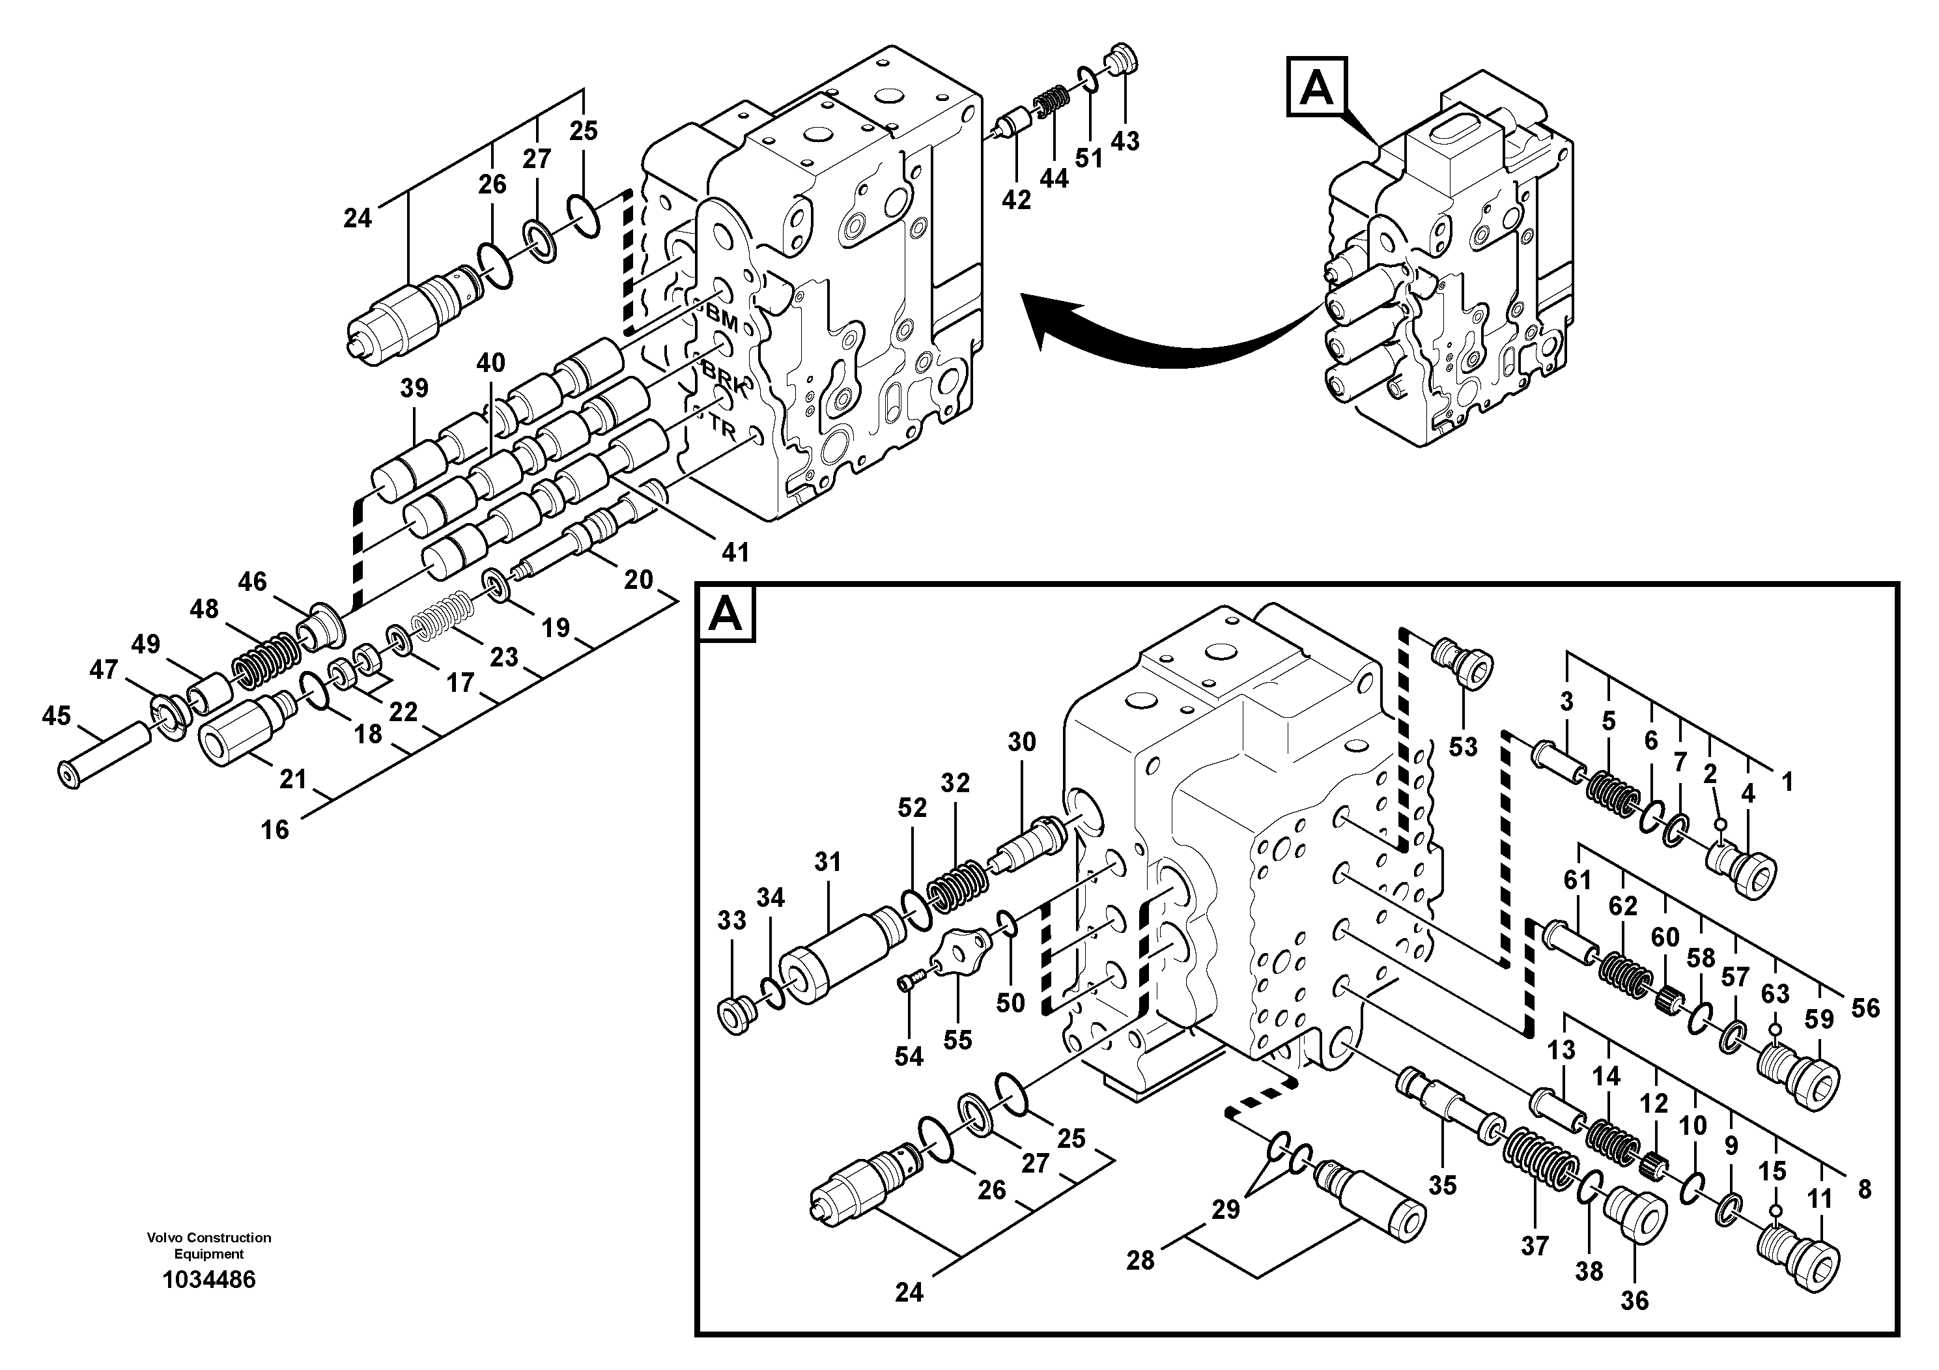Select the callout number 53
click(1464, 747)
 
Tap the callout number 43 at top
click(1125, 141)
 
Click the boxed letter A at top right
click(1316, 87)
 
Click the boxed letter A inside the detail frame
click(726, 615)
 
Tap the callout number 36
click(1634, 1301)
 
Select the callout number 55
click(957, 1040)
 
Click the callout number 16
click(274, 831)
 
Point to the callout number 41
click(735, 552)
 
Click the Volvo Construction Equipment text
click(208, 1245)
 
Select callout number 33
click(732, 920)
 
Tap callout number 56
click(1865, 1008)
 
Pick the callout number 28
click(1140, 1261)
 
